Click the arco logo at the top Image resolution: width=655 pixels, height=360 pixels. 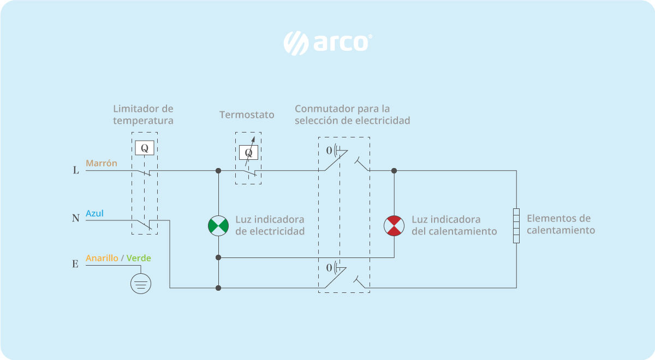[327, 43]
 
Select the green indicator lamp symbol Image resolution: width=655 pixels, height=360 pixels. [218, 226]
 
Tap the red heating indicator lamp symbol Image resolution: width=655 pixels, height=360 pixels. [394, 226]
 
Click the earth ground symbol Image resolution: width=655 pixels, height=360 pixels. [141, 284]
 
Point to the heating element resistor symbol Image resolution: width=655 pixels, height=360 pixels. [516, 225]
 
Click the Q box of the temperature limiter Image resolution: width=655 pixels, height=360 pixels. [144, 148]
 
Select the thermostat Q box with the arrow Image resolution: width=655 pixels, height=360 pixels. [248, 153]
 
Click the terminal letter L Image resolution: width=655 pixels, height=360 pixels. [76, 170]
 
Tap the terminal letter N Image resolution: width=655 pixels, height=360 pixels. [76, 219]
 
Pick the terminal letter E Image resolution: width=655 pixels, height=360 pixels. [75, 265]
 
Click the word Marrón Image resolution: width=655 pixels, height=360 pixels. [101, 163]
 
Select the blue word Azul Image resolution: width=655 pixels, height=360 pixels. [94, 213]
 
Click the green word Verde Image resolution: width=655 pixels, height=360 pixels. [139, 258]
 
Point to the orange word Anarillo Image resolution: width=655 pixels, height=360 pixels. [102, 258]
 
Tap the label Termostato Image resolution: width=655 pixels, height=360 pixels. [247, 115]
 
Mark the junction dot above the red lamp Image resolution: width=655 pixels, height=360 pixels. [394, 171]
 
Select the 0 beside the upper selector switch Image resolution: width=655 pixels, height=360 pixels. [329, 149]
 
